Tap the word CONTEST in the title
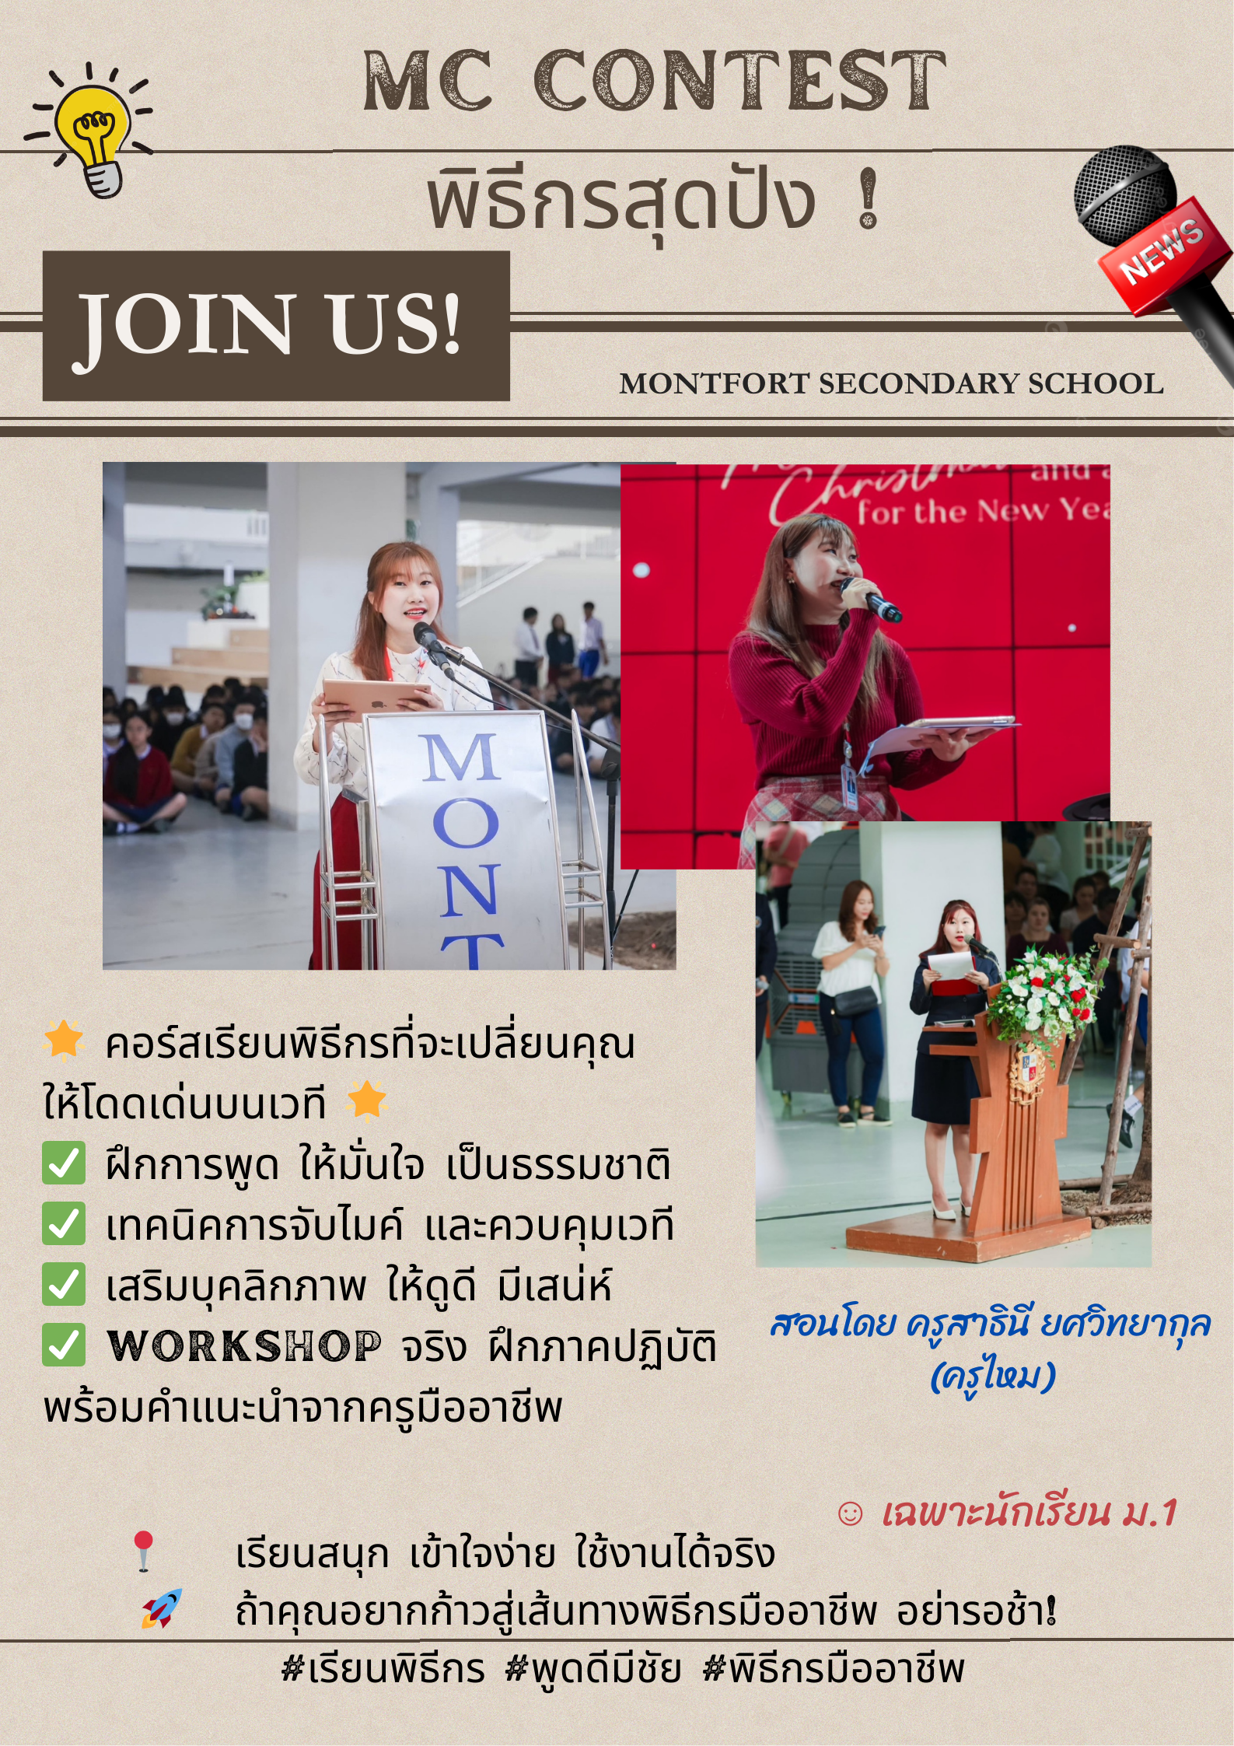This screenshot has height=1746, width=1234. point(739,80)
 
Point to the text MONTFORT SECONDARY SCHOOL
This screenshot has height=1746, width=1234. point(891,383)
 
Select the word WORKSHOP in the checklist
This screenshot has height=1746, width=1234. point(245,1346)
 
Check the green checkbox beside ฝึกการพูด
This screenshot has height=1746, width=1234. point(64,1163)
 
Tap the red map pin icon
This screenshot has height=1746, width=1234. point(143,1551)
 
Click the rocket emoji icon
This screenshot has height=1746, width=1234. point(162,1608)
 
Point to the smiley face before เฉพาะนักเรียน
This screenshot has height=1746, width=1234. point(850,1513)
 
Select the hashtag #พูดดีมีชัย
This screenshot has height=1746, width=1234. point(593,1669)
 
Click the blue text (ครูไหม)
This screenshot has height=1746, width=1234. point(992,1375)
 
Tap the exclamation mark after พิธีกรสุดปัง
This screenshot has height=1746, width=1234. point(869,200)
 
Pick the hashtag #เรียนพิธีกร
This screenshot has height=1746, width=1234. point(383,1669)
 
